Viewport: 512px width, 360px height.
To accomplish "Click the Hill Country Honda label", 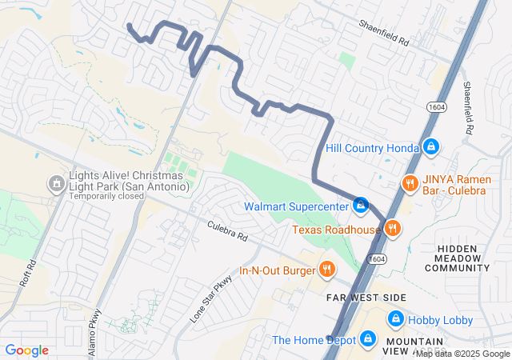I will (372, 148).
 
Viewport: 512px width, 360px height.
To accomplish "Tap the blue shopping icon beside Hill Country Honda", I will (431, 146).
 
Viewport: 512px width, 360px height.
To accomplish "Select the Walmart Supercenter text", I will (297, 206).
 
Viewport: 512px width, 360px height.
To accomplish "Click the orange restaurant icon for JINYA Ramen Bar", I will (410, 183).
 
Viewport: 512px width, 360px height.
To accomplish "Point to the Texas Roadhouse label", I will (336, 230).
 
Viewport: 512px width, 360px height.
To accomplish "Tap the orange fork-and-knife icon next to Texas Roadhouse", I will (391, 229).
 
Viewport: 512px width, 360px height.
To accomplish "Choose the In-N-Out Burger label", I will (278, 270).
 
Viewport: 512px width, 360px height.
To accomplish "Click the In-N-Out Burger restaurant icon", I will (326, 270).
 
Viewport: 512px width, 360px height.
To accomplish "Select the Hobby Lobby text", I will (441, 320).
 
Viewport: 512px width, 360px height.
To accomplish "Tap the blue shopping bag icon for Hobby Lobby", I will (395, 319).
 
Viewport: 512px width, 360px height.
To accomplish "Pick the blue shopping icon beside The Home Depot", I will (367, 340).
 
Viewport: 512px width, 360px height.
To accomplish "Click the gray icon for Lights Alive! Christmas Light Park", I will (56, 183).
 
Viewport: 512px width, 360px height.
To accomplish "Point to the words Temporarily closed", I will (106, 196).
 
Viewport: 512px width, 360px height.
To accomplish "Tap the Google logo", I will (27, 350).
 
